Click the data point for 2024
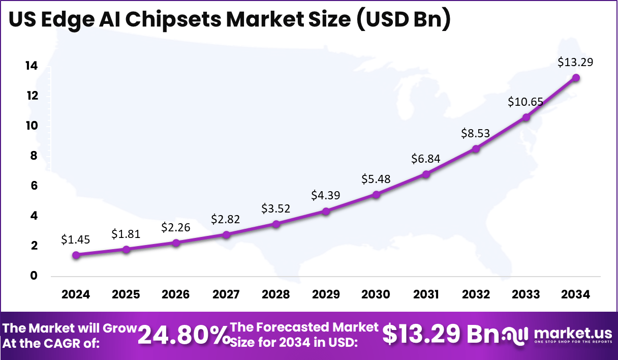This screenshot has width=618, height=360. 76,255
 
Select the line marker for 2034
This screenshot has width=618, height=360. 576,78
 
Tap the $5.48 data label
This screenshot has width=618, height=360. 376,179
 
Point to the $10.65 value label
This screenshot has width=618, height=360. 526,102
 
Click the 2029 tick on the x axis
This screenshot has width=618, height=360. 326,295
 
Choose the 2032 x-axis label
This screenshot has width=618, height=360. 476,295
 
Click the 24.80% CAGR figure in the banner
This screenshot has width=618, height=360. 183,335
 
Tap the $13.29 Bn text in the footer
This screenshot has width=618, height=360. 441,334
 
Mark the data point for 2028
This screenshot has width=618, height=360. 276,224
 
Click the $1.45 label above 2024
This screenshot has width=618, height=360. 75,239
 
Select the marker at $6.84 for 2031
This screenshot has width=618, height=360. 426,174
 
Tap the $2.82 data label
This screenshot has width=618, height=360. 226,219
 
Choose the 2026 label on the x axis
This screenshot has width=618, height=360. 175,295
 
